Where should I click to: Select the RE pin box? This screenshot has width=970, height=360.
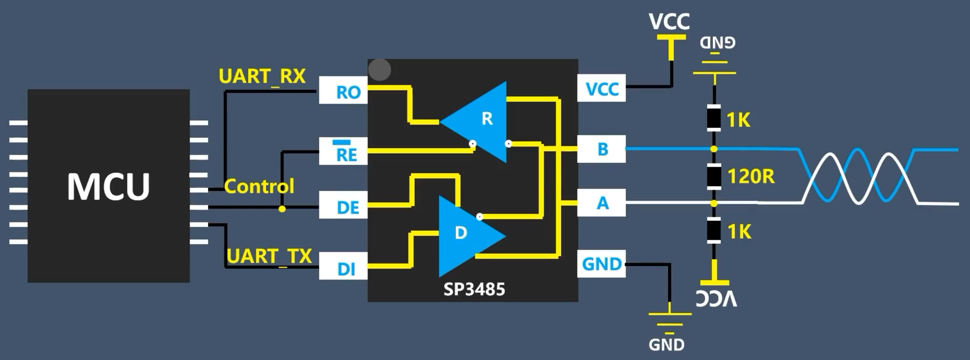(x=344, y=152)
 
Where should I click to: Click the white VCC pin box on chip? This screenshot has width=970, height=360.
(x=602, y=89)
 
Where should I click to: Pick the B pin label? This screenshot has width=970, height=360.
(x=602, y=149)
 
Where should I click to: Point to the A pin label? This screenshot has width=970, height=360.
(x=602, y=203)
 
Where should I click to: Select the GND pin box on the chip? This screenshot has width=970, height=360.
(x=602, y=264)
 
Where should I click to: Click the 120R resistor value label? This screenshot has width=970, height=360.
(x=750, y=176)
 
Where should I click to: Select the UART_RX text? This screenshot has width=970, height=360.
(x=262, y=76)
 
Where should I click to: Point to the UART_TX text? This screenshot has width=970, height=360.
(x=269, y=256)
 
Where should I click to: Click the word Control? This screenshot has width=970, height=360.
(x=259, y=186)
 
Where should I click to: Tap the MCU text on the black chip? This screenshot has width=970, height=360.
(x=108, y=187)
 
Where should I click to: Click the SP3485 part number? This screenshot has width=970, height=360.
(x=474, y=289)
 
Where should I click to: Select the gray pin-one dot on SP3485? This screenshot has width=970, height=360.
(x=380, y=69)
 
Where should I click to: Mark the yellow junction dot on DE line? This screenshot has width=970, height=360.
(x=282, y=209)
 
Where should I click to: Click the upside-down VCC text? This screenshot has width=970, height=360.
(x=716, y=298)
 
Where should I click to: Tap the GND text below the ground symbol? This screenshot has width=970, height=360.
(x=666, y=345)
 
